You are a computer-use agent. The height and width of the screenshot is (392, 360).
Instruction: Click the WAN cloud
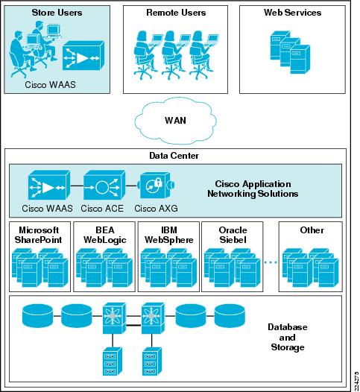click(x=175, y=121)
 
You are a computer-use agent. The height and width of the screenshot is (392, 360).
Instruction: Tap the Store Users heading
click(x=57, y=13)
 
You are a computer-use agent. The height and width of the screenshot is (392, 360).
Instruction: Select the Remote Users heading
click(x=176, y=13)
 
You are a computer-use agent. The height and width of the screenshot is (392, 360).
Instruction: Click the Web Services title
click(x=292, y=13)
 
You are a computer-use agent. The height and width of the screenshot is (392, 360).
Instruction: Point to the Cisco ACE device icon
click(x=104, y=186)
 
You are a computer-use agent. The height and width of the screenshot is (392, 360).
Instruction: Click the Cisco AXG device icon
click(x=157, y=186)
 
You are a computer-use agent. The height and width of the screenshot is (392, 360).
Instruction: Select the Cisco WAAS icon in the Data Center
click(x=49, y=186)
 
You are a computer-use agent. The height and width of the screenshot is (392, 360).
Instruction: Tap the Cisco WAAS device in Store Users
click(x=83, y=55)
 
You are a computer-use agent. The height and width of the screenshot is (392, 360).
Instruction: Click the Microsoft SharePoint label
click(x=39, y=235)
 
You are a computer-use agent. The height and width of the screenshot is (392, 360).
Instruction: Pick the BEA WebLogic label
click(x=105, y=235)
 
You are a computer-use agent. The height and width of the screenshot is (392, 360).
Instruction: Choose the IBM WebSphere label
click(x=169, y=235)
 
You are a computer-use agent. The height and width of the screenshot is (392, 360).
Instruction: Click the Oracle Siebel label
click(x=233, y=235)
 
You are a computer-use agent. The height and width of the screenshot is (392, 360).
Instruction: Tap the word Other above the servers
click(x=312, y=230)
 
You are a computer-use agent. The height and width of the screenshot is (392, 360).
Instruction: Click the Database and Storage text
click(x=288, y=337)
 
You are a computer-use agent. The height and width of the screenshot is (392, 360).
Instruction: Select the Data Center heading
click(x=174, y=156)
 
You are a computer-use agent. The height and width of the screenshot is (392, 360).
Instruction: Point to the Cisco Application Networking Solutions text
click(x=253, y=189)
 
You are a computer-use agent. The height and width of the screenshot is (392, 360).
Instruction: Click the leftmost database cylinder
click(x=38, y=316)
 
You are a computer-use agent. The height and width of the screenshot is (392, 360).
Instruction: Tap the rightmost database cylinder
click(x=230, y=316)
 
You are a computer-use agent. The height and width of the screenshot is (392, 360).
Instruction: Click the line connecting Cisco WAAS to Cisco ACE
click(x=77, y=186)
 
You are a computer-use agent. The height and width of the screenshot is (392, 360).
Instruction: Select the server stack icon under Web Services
click(x=290, y=52)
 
